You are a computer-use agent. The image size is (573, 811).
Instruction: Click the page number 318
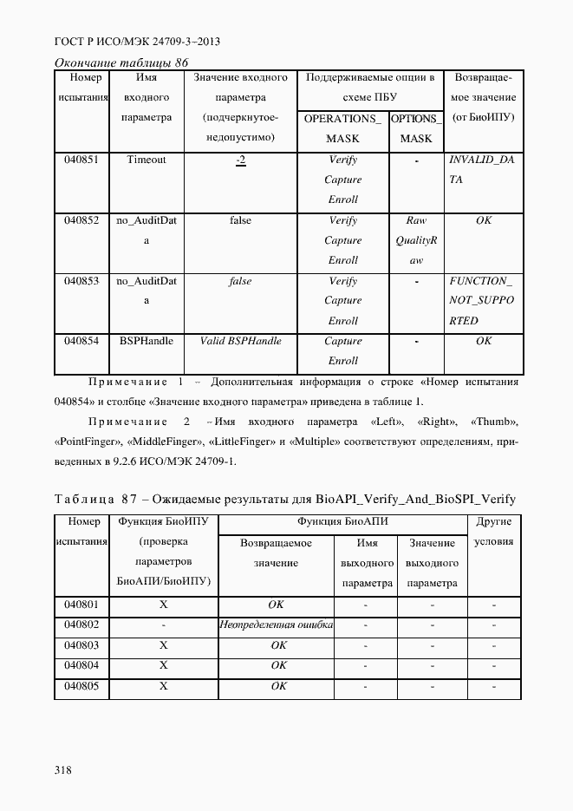(x=62, y=769)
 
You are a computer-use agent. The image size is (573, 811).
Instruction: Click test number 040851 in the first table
(x=81, y=160)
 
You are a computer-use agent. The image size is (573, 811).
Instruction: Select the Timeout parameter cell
(x=146, y=160)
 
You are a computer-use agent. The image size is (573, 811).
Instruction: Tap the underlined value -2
(x=240, y=160)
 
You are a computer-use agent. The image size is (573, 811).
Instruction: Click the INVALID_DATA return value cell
(x=482, y=169)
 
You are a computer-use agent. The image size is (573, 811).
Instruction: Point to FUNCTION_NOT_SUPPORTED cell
(x=482, y=301)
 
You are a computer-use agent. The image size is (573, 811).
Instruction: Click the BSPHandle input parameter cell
(x=146, y=341)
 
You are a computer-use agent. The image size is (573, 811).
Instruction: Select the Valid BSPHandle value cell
(x=240, y=341)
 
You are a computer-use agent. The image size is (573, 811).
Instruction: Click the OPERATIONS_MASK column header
(x=342, y=128)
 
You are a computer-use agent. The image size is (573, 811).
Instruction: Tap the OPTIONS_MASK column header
(x=416, y=128)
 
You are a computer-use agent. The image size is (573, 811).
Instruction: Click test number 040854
(x=81, y=341)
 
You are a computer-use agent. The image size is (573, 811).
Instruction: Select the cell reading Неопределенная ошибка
(x=277, y=625)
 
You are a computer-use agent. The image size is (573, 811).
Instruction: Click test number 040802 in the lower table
(x=81, y=625)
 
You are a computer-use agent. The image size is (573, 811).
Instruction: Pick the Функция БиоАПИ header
(x=342, y=522)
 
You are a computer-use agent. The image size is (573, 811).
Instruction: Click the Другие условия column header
(x=494, y=531)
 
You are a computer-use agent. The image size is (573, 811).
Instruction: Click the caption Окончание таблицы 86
(x=121, y=62)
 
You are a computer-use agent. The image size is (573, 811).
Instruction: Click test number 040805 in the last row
(x=81, y=686)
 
